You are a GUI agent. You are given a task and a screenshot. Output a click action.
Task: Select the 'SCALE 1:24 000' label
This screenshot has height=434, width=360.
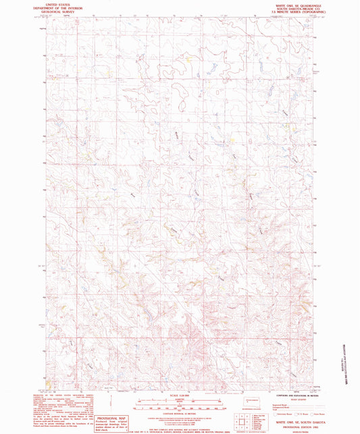pos(180,396)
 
